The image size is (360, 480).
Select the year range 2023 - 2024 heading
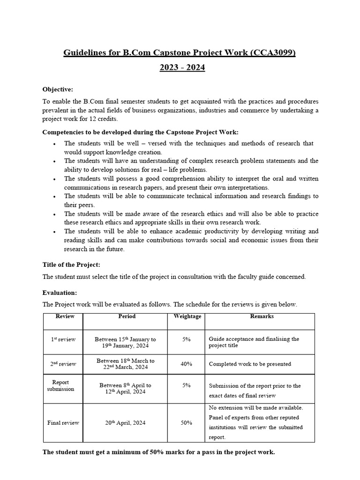tap(182, 68)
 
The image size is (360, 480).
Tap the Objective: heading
tap(58, 89)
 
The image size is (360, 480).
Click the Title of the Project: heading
tap(71, 264)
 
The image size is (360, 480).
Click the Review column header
tap(65, 316)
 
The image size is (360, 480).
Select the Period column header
tap(127, 316)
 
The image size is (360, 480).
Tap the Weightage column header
tap(187, 316)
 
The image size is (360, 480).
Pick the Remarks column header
tap(262, 316)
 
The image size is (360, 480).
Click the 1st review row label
tap(63, 339)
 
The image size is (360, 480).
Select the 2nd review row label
tap(63, 364)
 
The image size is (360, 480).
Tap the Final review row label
tap(63, 422)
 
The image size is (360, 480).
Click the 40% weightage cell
tap(186, 364)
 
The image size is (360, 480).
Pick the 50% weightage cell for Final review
tap(186, 422)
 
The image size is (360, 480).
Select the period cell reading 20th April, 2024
tap(125, 422)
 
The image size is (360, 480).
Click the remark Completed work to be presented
tap(250, 364)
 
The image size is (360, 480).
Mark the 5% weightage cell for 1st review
tap(186, 339)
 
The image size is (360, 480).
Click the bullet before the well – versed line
tap(55, 144)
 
